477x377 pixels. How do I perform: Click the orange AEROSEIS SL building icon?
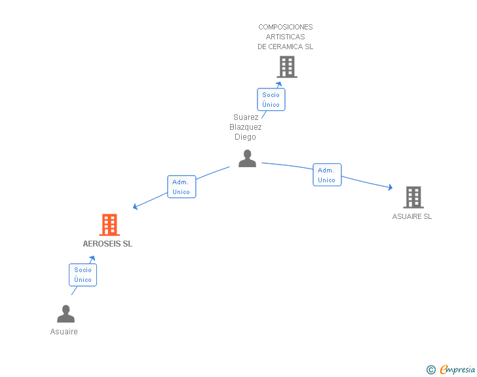[109, 225]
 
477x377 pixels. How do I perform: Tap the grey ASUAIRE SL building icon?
[413, 197]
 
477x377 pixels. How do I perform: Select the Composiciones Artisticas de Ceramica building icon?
[286, 66]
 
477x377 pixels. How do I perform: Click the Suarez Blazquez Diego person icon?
[247, 158]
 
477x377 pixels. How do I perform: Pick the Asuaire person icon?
[66, 314]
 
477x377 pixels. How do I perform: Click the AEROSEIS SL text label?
[107, 244]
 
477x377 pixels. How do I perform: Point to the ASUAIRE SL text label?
[412, 216]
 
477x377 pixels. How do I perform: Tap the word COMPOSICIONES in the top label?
[286, 27]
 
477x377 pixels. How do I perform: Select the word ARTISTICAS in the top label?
[286, 37]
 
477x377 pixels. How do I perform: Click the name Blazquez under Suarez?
[246, 127]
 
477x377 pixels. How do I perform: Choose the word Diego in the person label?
[246, 137]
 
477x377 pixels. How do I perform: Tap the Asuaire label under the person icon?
[64, 332]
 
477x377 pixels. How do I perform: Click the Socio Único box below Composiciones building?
[271, 100]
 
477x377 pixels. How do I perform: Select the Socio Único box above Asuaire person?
[83, 275]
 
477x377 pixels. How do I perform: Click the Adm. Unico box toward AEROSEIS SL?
[181, 187]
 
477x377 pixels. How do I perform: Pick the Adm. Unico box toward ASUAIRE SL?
[327, 175]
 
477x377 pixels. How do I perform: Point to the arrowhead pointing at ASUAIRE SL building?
[390, 188]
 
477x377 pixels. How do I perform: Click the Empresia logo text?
[457, 370]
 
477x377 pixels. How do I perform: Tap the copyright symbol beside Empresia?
[430, 370]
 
